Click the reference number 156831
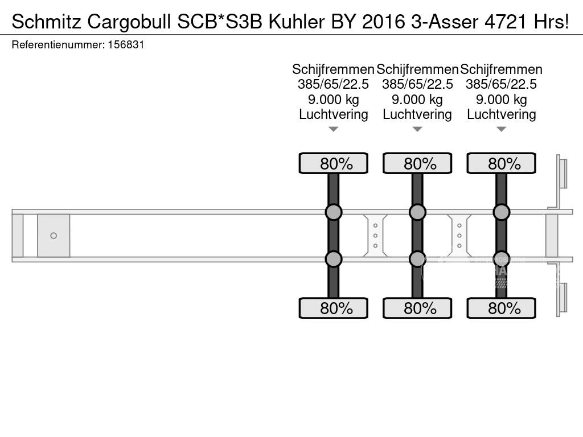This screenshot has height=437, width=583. pos(126,45)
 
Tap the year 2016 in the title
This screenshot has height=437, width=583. pos(383,22)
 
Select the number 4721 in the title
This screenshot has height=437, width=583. pos(506,22)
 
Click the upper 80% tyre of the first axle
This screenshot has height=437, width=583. pos(334,163)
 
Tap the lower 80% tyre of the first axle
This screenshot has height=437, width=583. pos(334,308)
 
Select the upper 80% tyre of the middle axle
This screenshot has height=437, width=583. pos(417,163)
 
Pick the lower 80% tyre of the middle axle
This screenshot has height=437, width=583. pos(417,308)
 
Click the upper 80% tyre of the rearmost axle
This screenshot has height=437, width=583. pos(501,163)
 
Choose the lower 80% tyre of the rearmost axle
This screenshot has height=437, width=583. pos(501,308)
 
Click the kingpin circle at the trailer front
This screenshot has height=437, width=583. pos(54,236)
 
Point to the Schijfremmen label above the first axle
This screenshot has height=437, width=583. pos(333,69)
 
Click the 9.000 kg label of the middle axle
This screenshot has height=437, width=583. pos(417,100)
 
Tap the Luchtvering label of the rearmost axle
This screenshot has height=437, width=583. pos(501,114)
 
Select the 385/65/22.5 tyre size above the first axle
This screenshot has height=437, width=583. pos(333,84)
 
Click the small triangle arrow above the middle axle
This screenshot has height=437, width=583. pos(417,129)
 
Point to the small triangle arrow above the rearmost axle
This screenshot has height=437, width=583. pos(501,129)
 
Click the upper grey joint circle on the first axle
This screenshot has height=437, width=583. pos(334,212)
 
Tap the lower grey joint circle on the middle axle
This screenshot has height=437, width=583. pos(417,259)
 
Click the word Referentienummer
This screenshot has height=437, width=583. pos(58,45)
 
